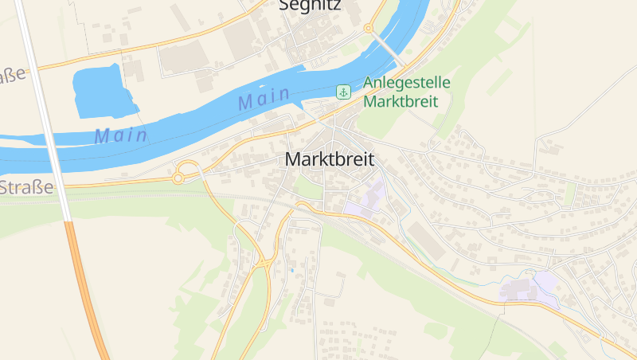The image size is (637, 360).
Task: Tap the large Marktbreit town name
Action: [x=329, y=159]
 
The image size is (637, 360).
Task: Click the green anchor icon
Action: [x=343, y=92]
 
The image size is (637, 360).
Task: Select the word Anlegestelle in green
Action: [x=407, y=83]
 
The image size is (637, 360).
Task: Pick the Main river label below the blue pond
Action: [x=121, y=136]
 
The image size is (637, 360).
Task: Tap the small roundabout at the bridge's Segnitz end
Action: [x=368, y=29]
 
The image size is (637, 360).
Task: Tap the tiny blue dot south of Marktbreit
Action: [x=291, y=271]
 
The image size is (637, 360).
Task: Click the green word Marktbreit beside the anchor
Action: [x=406, y=102]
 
